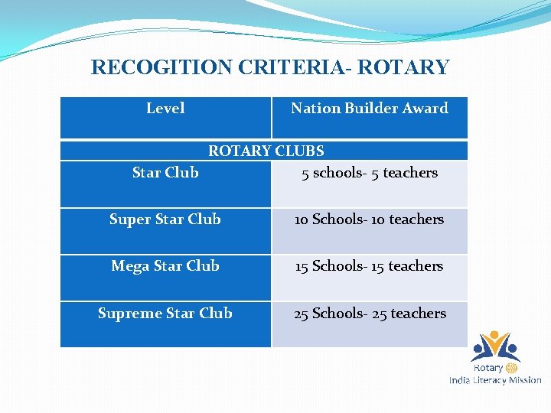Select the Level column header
tap(165, 109)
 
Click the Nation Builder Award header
tap(369, 109)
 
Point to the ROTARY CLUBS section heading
tap(266, 151)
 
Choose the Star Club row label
tap(165, 173)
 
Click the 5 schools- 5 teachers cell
tap(370, 173)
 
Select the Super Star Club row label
tap(165, 220)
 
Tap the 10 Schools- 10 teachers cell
tap(370, 220)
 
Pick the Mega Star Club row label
tap(165, 266)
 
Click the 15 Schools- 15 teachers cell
tap(370, 266)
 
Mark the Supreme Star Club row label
tap(165, 314)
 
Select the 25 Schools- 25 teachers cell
tap(370, 314)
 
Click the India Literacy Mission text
tap(495, 380)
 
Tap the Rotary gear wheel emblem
tap(512, 368)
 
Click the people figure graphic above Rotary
tap(495, 346)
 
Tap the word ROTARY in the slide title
tap(403, 67)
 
